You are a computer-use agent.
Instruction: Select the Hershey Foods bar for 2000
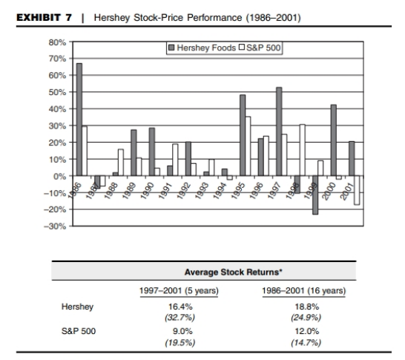tap(334, 140)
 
